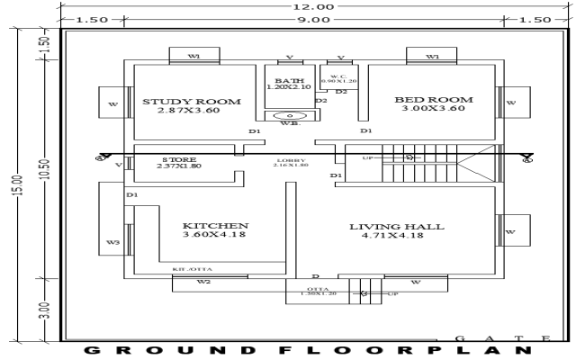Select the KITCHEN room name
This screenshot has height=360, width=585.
pyautogui.click(x=215, y=225)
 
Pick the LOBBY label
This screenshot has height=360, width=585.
pyautogui.click(x=290, y=159)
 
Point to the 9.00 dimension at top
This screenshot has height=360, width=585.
pyautogui.click(x=314, y=19)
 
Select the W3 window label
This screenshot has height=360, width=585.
pyautogui.click(x=112, y=242)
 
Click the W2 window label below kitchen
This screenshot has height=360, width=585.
pyautogui.click(x=204, y=283)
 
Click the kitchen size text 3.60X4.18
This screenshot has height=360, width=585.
pyautogui.click(x=215, y=235)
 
